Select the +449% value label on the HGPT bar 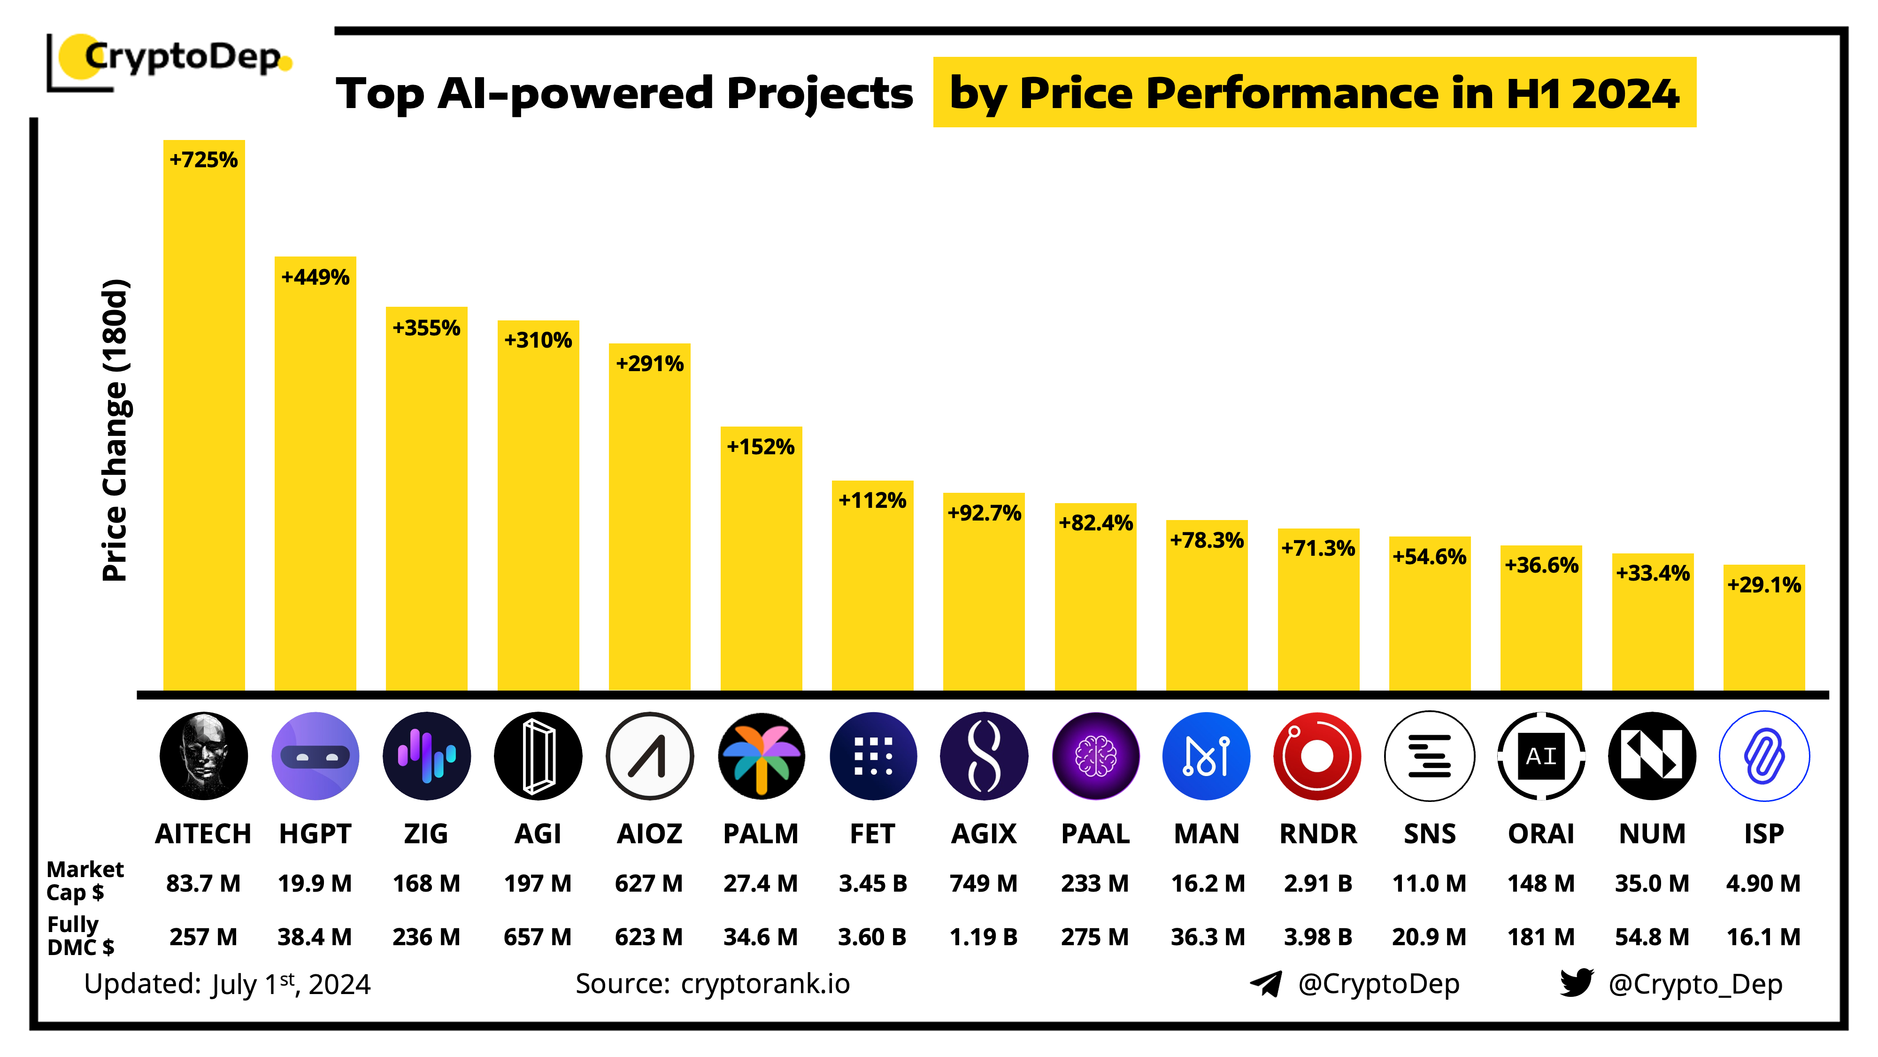(x=315, y=277)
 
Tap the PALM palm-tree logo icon (x=761, y=756)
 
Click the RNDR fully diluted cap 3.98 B (x=1317, y=937)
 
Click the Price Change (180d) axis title (x=115, y=430)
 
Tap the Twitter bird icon (x=1576, y=983)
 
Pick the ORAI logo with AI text (x=1540, y=756)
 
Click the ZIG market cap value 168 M (x=426, y=883)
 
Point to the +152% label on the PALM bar (x=761, y=446)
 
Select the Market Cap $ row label (x=84, y=880)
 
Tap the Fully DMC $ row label (x=80, y=935)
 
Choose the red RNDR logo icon (x=1317, y=756)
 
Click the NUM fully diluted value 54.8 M (x=1652, y=937)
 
